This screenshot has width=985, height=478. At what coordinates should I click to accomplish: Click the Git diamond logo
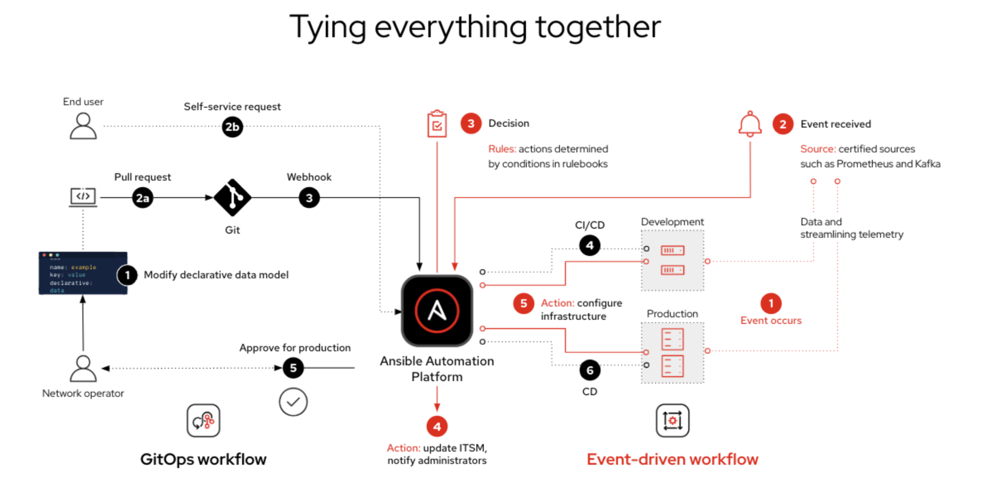(232, 198)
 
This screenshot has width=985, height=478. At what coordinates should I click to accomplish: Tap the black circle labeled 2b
(232, 127)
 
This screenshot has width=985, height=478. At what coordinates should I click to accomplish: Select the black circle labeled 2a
(142, 198)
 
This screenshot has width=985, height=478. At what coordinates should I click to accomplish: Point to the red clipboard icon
(437, 124)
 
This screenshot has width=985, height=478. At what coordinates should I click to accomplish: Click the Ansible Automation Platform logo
(437, 310)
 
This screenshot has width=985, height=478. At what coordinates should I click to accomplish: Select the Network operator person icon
(83, 368)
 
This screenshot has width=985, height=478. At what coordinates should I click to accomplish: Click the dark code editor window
(83, 273)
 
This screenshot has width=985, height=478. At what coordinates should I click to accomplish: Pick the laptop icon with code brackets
(83, 197)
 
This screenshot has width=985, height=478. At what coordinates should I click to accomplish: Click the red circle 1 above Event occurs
(771, 303)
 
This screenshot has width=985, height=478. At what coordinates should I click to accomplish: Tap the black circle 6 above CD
(589, 370)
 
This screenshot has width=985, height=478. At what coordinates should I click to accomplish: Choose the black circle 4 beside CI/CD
(589, 245)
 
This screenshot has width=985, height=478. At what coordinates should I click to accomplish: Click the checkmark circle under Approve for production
(293, 402)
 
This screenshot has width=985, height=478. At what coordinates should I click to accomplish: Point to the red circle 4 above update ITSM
(437, 426)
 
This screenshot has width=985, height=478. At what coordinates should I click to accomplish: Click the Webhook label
(309, 177)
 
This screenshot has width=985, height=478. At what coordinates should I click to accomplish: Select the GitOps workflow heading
(203, 459)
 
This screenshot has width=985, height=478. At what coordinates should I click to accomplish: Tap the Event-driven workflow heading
(672, 459)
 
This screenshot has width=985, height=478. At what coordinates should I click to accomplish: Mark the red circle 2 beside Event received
(783, 124)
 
